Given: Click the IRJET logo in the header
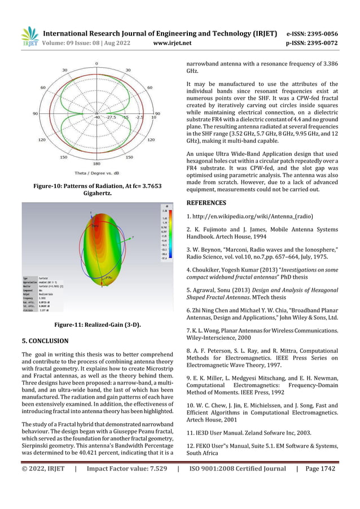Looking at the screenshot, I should pos(29,36).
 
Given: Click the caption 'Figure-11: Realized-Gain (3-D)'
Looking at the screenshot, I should pos(96,325).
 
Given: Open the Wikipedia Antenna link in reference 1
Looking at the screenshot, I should pos(254,217).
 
